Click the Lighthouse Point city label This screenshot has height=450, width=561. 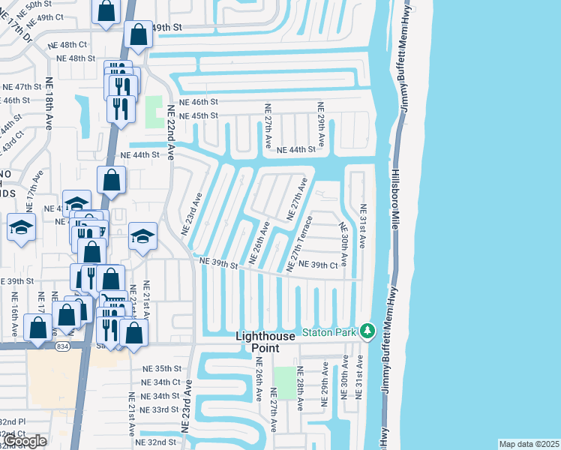(276, 342)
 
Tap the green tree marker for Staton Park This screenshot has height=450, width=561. (367, 330)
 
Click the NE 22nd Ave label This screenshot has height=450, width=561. (171, 131)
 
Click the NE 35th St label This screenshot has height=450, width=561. (161, 368)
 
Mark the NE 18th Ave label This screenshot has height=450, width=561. (49, 103)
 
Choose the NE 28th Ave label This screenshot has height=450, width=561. (299, 388)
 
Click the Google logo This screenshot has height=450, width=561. (25, 441)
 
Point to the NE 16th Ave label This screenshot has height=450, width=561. (14, 315)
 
